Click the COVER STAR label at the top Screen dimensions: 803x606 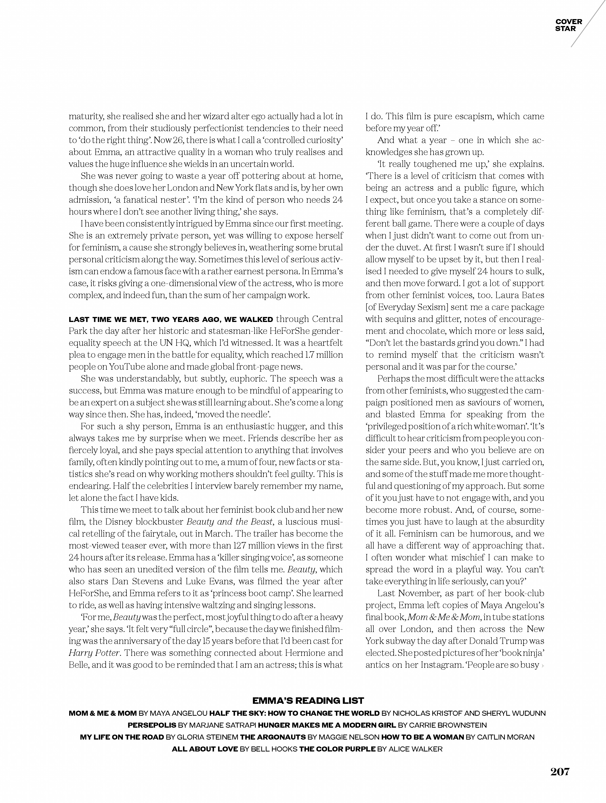tap(568, 25)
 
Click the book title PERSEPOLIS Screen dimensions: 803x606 tap(152, 725)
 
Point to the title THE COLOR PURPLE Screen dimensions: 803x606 tap(337, 749)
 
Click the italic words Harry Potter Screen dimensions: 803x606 tap(94, 653)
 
